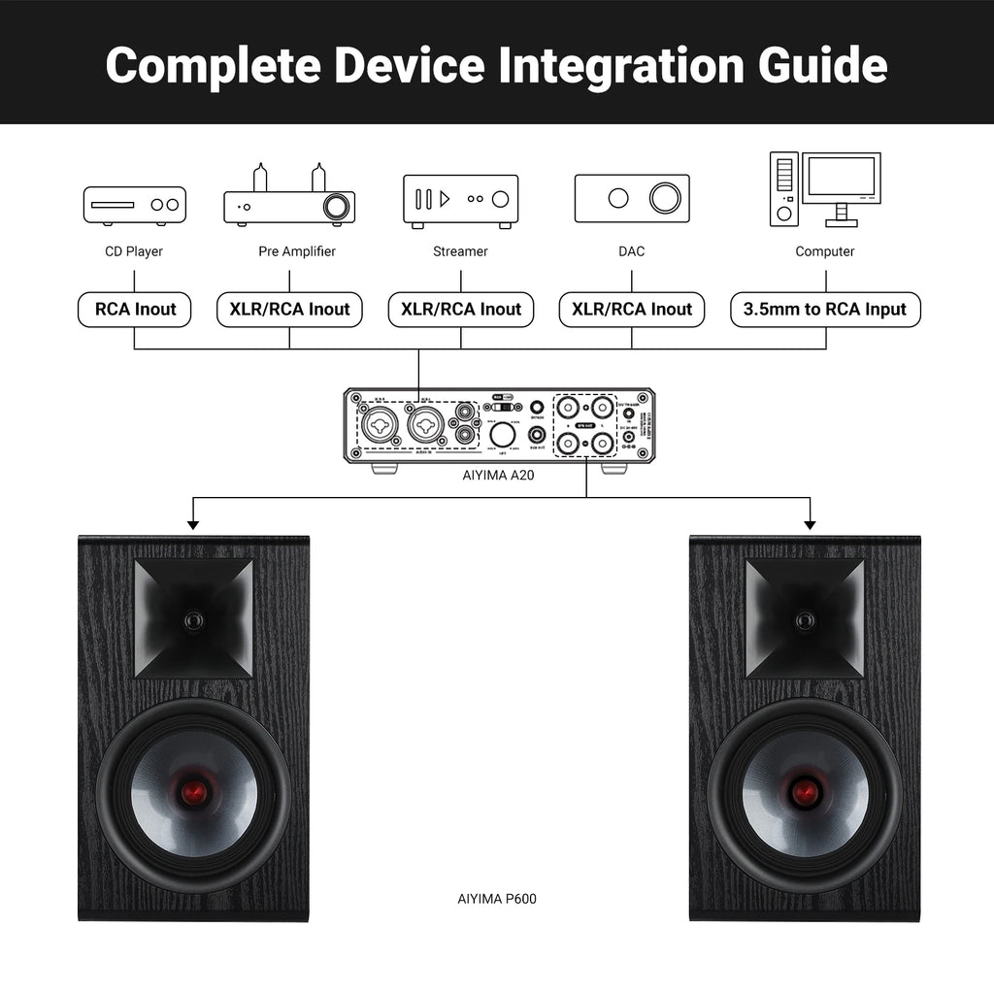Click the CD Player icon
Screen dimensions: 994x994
click(134, 205)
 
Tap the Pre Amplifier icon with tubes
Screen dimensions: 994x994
click(289, 198)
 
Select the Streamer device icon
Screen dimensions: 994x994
click(460, 201)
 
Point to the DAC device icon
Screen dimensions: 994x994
click(632, 198)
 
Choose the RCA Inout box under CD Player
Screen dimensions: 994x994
click(135, 310)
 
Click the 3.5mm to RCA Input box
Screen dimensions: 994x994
click(825, 310)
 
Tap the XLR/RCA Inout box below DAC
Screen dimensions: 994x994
click(632, 310)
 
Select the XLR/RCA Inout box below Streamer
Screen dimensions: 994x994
click(461, 310)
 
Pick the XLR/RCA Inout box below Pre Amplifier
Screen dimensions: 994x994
click(289, 310)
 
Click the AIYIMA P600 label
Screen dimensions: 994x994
click(496, 899)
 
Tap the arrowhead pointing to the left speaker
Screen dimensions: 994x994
click(193, 524)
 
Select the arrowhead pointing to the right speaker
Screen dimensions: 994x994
click(810, 524)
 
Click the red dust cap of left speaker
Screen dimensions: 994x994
click(194, 793)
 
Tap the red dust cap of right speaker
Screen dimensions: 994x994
click(805, 793)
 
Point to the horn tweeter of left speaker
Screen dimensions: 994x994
click(194, 618)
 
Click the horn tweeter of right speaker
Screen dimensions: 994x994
click(805, 618)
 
